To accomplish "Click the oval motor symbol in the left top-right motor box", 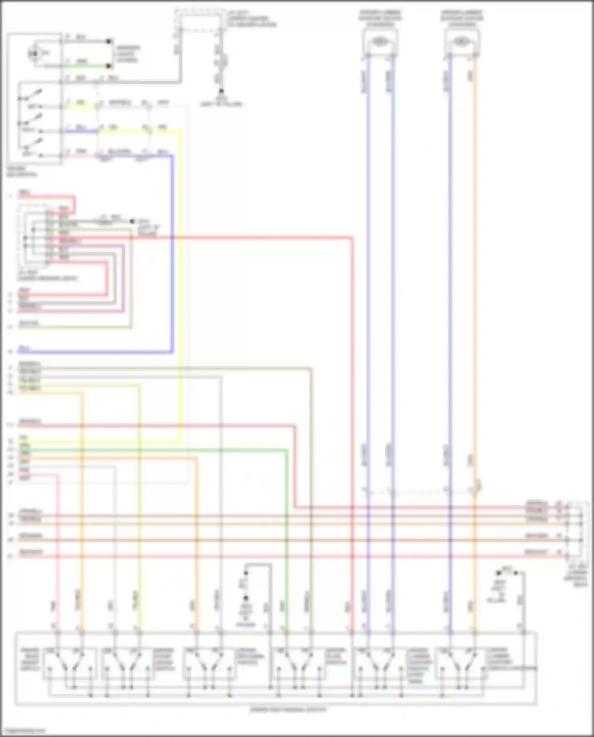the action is click(380, 41).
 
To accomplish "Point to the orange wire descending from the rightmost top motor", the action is click(474, 277).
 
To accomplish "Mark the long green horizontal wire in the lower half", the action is click(158, 449).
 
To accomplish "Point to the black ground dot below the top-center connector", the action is click(221, 91).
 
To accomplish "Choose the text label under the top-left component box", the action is click(22, 171).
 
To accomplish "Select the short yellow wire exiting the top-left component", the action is click(81, 107).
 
